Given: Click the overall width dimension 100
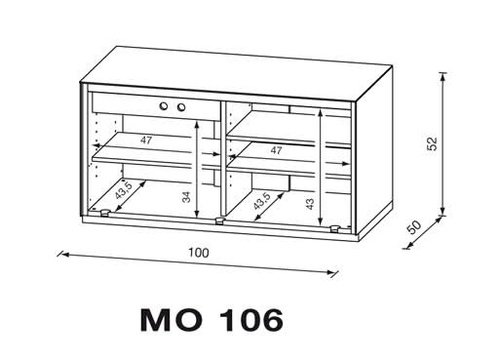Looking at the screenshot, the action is tap(199, 253).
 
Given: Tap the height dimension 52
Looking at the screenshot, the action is tap(433, 143).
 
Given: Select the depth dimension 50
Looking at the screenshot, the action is tap(414, 226).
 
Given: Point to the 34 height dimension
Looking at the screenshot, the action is tap(186, 197).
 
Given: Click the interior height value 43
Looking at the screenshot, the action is tap(310, 204).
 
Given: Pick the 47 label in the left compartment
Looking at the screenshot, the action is tap(146, 140).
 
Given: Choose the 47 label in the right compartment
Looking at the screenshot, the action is tap(276, 150).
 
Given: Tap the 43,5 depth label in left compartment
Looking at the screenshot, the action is tap(124, 190).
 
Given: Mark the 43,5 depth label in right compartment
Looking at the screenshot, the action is tap(262, 201).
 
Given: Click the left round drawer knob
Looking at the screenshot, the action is tap(164, 105).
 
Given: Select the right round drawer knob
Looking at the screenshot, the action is tap(180, 106).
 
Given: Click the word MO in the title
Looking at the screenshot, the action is tap(172, 320).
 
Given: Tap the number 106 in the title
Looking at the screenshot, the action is tap(251, 320).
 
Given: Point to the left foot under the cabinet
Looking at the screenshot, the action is tap(104, 213).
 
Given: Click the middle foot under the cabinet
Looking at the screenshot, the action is tap(220, 220).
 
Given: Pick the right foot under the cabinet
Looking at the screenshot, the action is tap(335, 229).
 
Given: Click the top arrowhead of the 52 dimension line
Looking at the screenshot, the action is tap(442, 77).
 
